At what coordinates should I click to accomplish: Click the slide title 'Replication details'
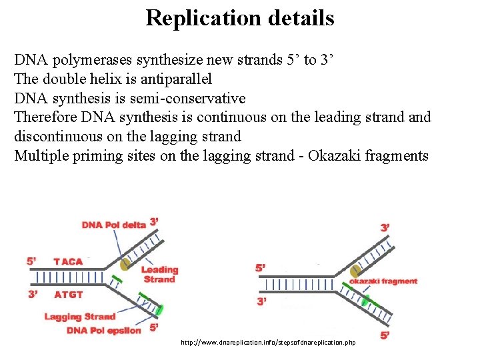(240, 17)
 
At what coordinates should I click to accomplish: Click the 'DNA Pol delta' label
(113, 225)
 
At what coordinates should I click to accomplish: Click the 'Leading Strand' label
(159, 274)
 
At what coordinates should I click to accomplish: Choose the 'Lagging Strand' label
(80, 317)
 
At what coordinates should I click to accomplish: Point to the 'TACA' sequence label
(69, 261)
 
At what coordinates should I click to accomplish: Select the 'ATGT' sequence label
(69, 294)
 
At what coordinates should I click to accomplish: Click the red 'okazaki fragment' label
(384, 281)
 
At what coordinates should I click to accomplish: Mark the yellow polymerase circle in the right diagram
(355, 271)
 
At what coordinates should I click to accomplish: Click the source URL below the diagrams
(268, 342)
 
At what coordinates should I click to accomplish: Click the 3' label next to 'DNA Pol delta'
(154, 222)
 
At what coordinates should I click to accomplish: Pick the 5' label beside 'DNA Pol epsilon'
(154, 327)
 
